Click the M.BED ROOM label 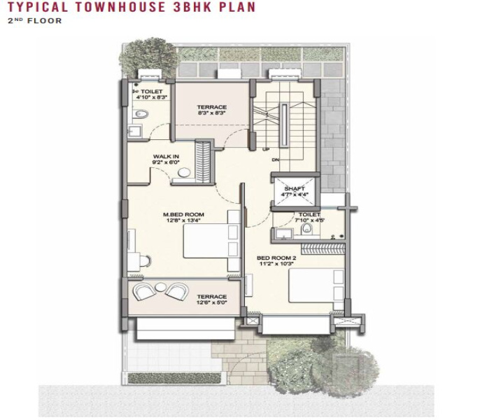click(x=183, y=214)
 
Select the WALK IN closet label click(x=166, y=157)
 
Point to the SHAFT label click(x=295, y=188)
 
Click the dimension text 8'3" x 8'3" click(x=212, y=113)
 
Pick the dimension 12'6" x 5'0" click(x=212, y=302)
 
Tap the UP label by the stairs click(x=266, y=150)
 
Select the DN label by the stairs click(x=276, y=160)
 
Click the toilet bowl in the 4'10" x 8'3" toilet click(x=141, y=114)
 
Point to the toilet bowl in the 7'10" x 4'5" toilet click(x=306, y=228)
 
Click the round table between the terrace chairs click(x=160, y=287)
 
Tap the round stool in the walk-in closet click(x=184, y=172)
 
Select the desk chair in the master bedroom click(x=144, y=261)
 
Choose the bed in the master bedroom click(x=211, y=241)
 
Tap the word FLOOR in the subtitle click(x=44, y=21)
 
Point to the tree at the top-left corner click(x=149, y=57)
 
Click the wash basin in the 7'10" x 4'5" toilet click(x=284, y=234)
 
